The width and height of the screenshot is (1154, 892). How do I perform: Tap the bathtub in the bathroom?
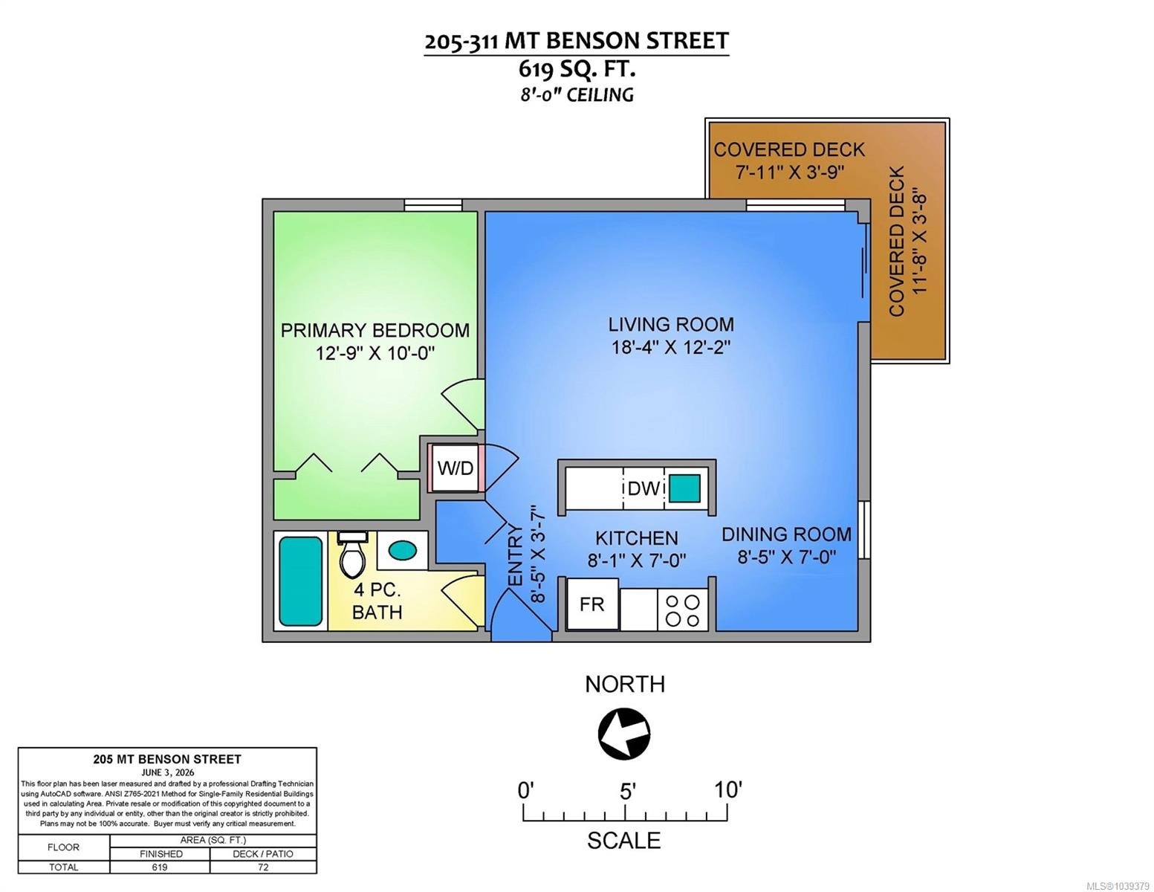[x=300, y=581]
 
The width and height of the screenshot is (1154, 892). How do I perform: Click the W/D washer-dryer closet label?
[x=455, y=468]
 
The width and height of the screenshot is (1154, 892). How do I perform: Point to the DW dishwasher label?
[x=644, y=488]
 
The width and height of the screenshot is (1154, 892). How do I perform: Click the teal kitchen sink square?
[x=684, y=488]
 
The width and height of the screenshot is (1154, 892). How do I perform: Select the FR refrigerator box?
[x=592, y=604]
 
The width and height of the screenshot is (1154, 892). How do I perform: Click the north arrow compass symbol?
[x=624, y=734]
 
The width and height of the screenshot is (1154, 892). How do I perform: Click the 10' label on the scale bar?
[x=727, y=790]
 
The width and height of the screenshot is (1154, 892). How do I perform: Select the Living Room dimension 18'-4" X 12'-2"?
[x=670, y=347]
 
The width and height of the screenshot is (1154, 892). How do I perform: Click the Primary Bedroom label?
[x=375, y=331]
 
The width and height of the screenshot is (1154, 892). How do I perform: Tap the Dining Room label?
[x=786, y=534]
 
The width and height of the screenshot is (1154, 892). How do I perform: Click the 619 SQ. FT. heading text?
[x=577, y=69]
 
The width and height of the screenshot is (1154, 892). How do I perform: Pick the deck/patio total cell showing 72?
[x=263, y=867]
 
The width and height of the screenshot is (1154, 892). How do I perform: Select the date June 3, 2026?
[x=167, y=772]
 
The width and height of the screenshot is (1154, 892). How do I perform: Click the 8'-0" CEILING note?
[x=577, y=95]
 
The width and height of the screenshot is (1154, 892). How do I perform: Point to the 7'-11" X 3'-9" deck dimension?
[x=789, y=172]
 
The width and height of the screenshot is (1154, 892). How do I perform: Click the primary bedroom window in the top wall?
[x=432, y=205]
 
